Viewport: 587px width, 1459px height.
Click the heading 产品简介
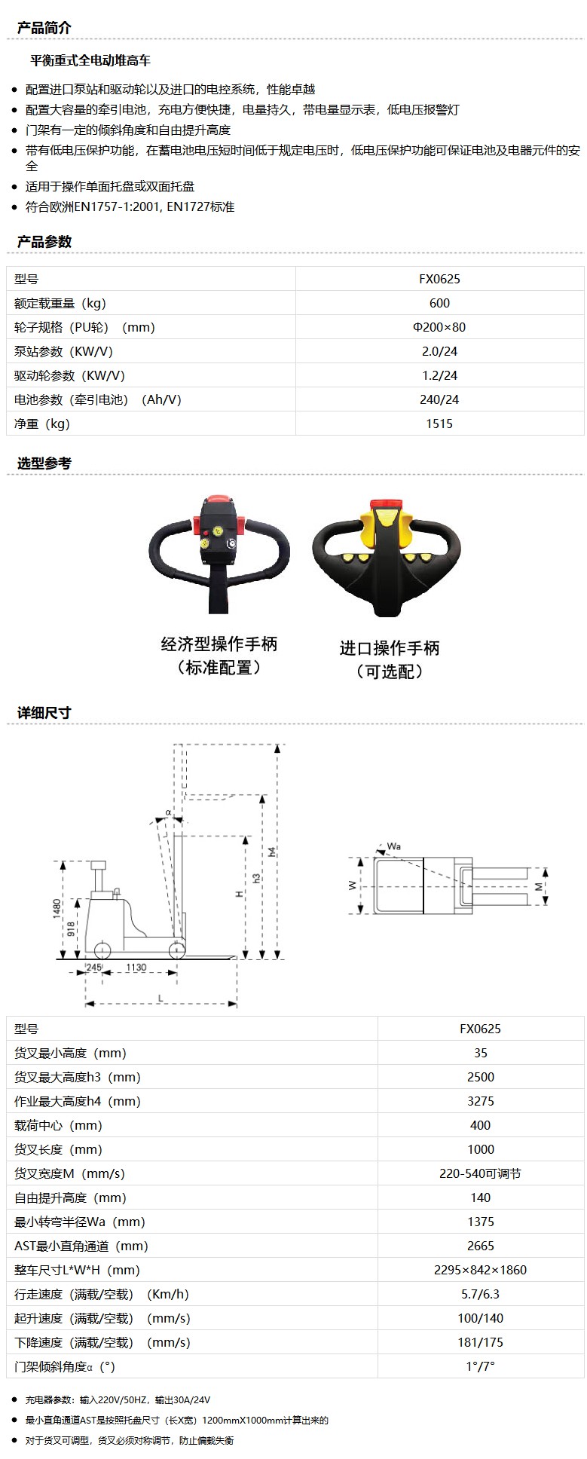click(44, 28)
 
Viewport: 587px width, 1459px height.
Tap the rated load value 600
click(439, 303)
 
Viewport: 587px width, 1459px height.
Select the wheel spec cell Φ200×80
click(439, 327)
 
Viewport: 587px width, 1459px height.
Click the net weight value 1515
click(439, 424)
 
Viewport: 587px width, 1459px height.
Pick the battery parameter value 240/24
click(439, 399)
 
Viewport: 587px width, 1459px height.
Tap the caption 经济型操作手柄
click(219, 644)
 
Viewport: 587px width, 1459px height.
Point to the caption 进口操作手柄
click(390, 648)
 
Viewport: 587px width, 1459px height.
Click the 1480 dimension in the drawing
click(57, 908)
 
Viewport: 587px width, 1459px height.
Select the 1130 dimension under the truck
click(136, 968)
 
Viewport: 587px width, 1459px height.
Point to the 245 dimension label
click(93, 968)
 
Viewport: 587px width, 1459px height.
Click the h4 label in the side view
click(272, 852)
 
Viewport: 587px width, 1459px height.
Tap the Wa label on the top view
click(393, 846)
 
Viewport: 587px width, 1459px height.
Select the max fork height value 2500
click(481, 1077)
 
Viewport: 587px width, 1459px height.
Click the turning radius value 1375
click(481, 1222)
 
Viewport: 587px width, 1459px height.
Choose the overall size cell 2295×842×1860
click(481, 1270)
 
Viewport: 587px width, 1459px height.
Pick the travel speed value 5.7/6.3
click(481, 1294)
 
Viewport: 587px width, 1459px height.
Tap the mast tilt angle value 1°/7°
click(481, 1366)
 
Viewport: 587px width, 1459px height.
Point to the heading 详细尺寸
click(44, 713)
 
